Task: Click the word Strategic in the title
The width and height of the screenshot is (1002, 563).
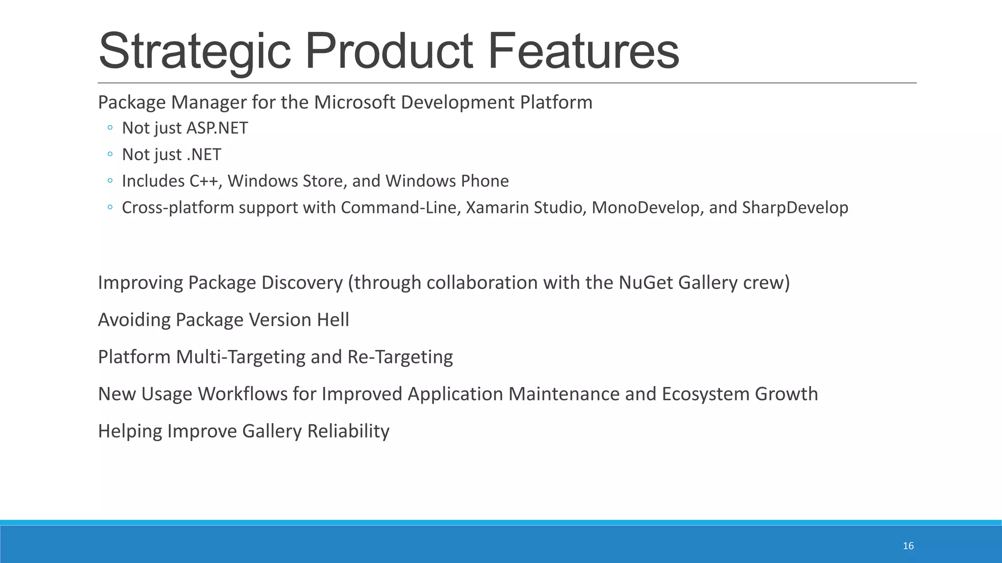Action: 195,51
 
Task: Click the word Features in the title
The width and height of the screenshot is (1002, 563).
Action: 583,51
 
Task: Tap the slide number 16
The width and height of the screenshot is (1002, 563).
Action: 908,546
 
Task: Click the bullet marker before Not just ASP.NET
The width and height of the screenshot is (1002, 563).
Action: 110,128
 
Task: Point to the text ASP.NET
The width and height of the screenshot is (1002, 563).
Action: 217,128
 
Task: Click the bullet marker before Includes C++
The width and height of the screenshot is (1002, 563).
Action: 110,181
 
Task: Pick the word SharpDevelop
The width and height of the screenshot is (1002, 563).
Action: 795,208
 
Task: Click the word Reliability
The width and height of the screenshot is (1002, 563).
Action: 348,432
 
